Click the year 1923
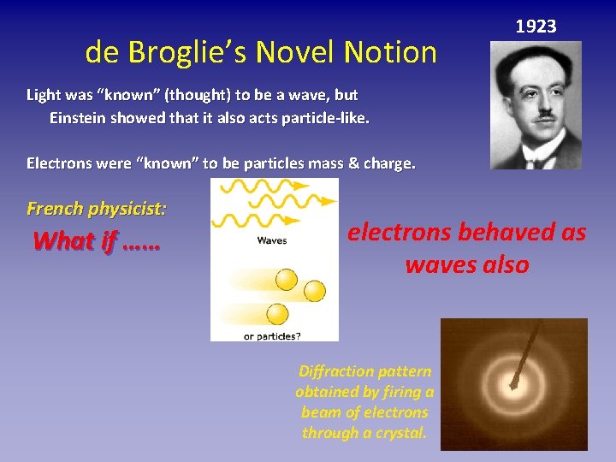coord(536,27)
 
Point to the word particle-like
coord(326,118)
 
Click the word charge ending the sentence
coord(387,163)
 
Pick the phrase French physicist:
coord(97,208)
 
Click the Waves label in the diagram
coord(272,241)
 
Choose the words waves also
coord(467,265)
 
